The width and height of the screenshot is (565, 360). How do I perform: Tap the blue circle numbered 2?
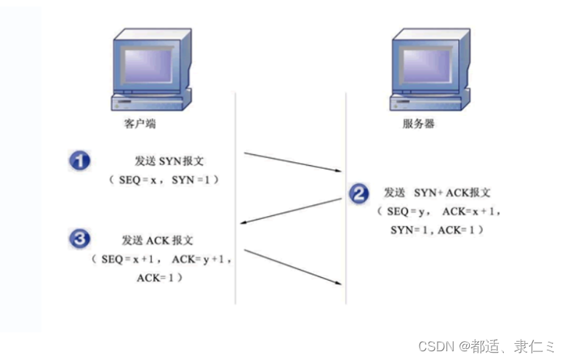tap(358, 193)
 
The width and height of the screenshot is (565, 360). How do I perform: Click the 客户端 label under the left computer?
tap(139, 124)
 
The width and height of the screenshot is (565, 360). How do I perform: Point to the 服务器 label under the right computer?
tap(418, 124)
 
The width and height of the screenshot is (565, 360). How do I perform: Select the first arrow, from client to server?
tap(292, 162)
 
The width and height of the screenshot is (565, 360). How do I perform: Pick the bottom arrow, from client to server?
tap(292, 266)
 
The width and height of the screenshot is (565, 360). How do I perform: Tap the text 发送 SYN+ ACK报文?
tap(437, 193)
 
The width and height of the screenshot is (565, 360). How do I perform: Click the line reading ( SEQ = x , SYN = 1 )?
tap(164, 179)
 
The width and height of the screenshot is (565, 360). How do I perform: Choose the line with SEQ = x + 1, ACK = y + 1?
tap(161, 259)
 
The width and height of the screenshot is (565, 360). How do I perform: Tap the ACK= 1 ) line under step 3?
tap(159, 278)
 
